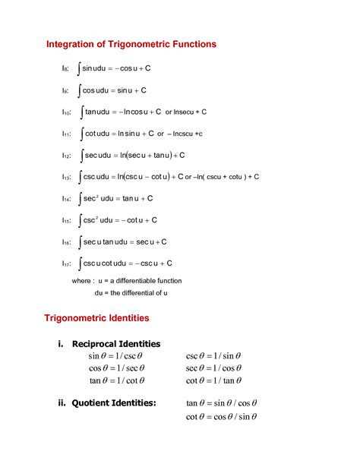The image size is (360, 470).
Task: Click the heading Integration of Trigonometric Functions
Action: point(131,44)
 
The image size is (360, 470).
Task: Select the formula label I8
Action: point(66,69)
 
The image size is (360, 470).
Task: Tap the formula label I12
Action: point(67,156)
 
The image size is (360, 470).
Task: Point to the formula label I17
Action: point(67,263)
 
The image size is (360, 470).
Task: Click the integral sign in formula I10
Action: point(80,112)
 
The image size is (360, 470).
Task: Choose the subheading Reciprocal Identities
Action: point(115,343)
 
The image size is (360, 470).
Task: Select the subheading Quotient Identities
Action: point(114,403)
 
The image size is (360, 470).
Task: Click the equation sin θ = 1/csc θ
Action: point(116,355)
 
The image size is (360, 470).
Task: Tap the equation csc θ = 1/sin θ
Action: point(213,355)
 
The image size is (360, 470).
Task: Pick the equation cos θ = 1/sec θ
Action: point(116,368)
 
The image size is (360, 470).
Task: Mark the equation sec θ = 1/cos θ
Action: point(213,368)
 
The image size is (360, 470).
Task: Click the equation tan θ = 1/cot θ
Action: point(116,381)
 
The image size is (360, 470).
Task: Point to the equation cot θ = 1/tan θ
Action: point(213,381)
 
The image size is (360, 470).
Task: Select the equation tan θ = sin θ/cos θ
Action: point(222,403)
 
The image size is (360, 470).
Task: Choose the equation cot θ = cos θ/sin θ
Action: point(222,417)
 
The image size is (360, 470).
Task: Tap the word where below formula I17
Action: point(82,280)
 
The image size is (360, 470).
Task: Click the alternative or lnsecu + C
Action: point(186,112)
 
